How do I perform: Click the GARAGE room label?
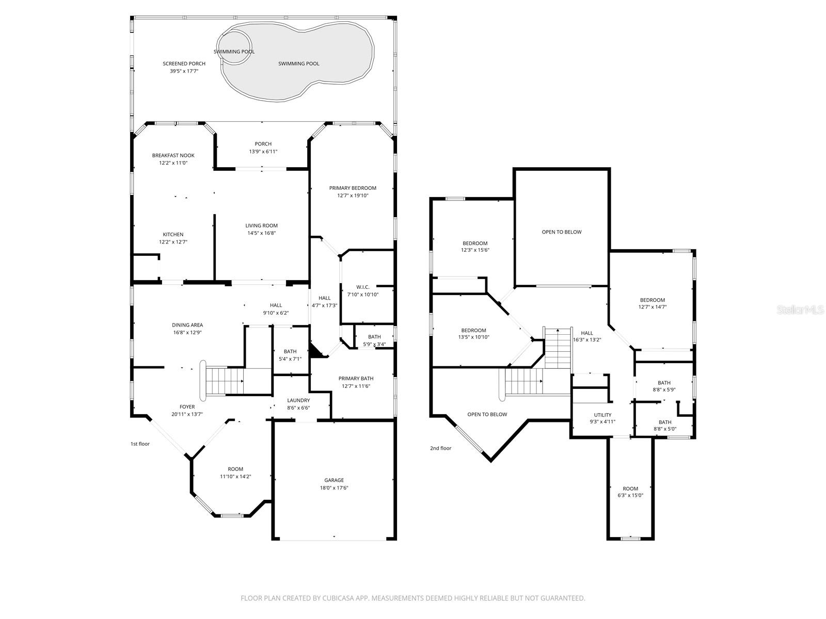click(x=334, y=480)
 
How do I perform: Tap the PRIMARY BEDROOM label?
click(x=353, y=188)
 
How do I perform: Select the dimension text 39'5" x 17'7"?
click(x=184, y=71)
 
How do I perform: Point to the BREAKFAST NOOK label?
click(x=173, y=155)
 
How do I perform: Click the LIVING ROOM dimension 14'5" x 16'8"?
click(x=262, y=233)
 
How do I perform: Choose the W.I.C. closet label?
click(x=363, y=287)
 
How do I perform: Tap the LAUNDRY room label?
click(x=298, y=400)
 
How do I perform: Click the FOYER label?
click(x=187, y=406)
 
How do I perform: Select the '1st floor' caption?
click(x=140, y=444)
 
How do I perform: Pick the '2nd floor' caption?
click(x=441, y=448)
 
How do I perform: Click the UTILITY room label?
click(x=602, y=415)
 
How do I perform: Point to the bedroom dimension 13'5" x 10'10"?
click(x=473, y=337)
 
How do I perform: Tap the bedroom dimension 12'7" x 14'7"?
click(x=653, y=307)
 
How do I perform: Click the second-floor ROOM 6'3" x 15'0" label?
click(x=630, y=488)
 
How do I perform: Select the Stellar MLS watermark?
click(x=800, y=309)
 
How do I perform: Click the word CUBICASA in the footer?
click(x=338, y=598)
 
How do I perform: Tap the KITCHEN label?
click(x=173, y=235)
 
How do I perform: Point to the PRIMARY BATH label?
click(x=356, y=379)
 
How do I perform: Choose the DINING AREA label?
click(x=187, y=325)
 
